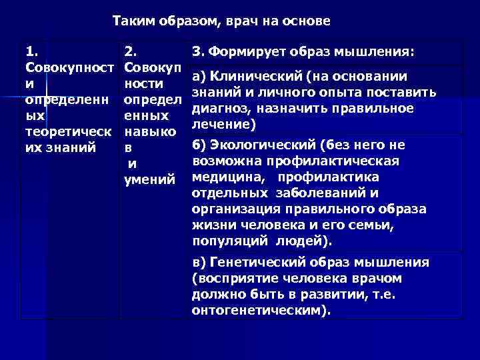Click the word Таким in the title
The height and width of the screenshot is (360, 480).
point(132,21)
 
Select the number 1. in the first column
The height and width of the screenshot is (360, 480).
point(32,51)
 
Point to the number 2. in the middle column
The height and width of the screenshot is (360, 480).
point(132,51)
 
